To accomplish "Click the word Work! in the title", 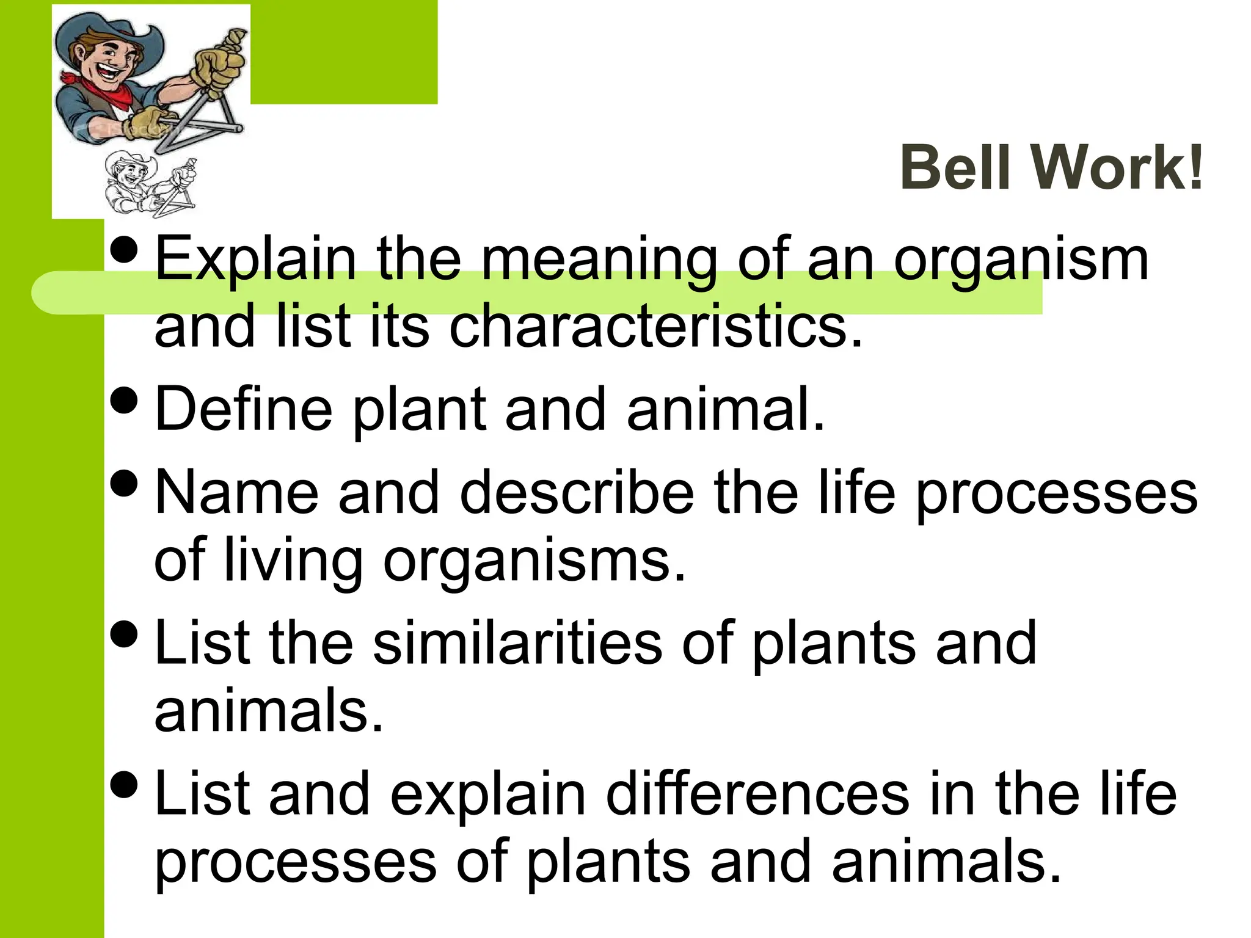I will (x=1118, y=168).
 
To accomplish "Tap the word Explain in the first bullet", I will (x=255, y=260).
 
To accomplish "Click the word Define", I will (x=243, y=409).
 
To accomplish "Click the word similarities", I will (x=517, y=643).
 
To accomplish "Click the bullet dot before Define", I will (x=126, y=401).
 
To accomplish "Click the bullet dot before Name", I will (x=126, y=484).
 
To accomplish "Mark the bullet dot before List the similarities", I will (x=126, y=634).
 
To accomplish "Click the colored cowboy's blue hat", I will (x=110, y=31).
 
